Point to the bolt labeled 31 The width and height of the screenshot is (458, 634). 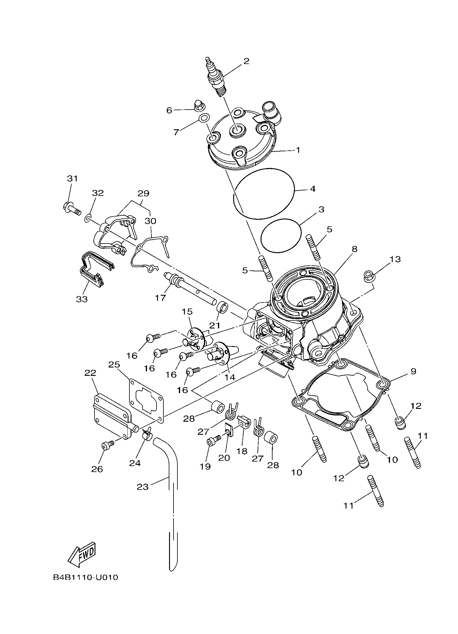(72, 208)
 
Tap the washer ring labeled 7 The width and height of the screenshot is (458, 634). (204, 118)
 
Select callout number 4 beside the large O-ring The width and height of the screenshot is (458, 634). (312, 189)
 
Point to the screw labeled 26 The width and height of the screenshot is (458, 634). (107, 445)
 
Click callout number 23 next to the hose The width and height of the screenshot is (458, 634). (143, 487)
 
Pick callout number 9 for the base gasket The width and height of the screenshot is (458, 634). (413, 371)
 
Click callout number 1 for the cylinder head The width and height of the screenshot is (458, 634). (298, 150)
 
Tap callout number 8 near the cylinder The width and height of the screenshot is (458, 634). (354, 249)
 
